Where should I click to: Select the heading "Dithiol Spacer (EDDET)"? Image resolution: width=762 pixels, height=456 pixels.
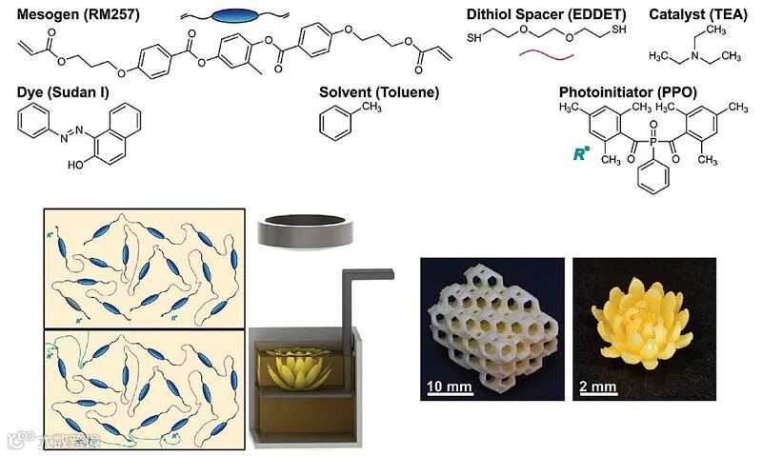click(x=532, y=13)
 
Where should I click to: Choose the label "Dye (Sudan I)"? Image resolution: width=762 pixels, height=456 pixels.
click(x=60, y=92)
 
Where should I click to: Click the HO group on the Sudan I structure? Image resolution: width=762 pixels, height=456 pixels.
click(x=77, y=165)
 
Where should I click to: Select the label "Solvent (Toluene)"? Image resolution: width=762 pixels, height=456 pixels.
click(x=378, y=92)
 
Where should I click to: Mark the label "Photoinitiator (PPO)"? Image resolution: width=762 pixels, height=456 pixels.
click(x=628, y=92)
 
